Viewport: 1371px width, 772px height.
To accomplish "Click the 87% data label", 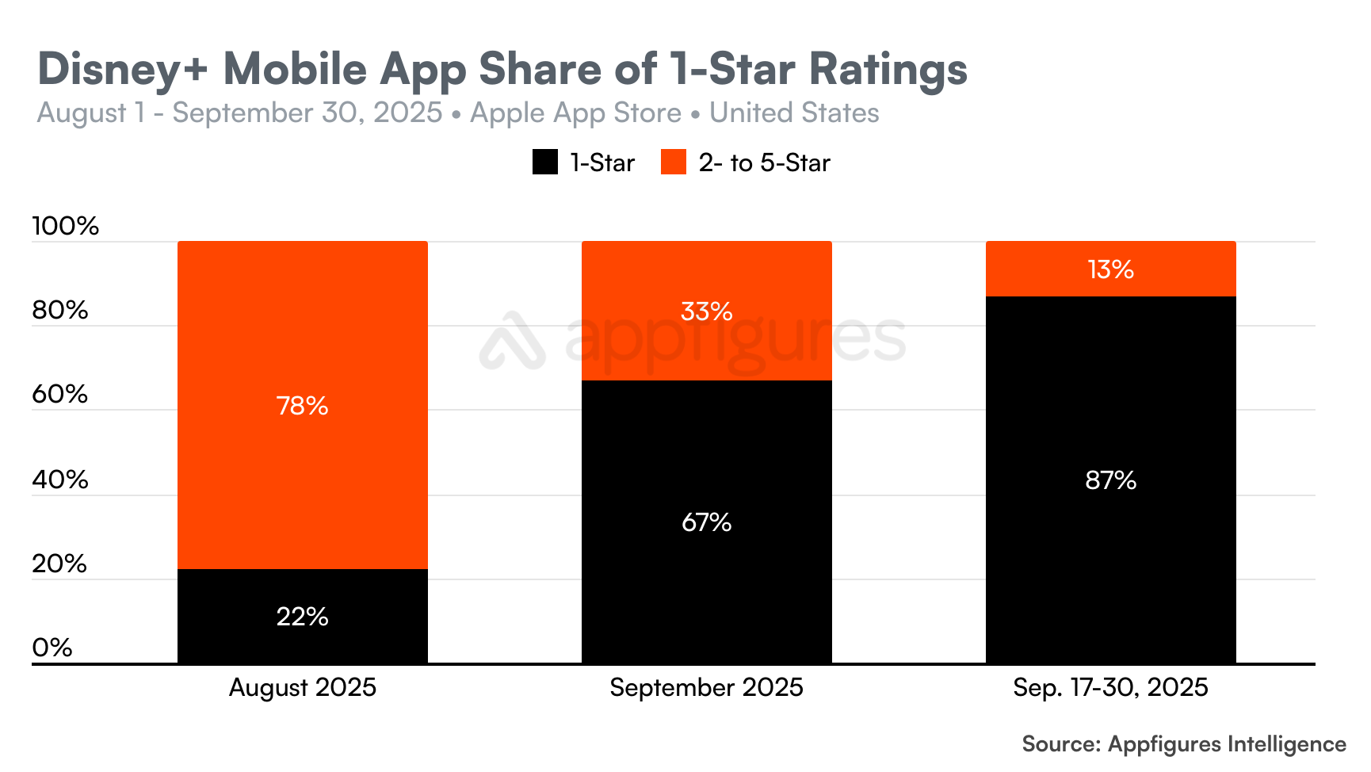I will (x=1110, y=480).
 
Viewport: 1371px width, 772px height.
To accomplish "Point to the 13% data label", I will (x=1110, y=269).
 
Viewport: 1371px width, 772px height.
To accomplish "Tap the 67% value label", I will (x=706, y=522).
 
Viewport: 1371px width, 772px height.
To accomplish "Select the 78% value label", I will (x=302, y=406).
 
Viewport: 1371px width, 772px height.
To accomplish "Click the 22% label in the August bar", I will (x=302, y=617).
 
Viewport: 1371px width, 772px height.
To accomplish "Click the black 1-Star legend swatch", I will (x=545, y=162).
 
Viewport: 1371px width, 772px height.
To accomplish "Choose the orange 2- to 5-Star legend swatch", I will (x=674, y=162).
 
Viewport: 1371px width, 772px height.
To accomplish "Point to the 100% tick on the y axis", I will (x=65, y=226).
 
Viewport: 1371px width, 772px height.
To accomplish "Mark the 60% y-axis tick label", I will (x=59, y=394).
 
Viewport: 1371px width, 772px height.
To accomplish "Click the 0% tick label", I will (x=52, y=648).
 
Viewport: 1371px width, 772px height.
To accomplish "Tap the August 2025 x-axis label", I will (x=302, y=687).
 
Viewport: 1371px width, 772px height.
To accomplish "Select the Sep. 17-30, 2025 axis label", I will (x=1110, y=687).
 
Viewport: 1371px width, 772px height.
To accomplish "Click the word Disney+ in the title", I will (x=122, y=69).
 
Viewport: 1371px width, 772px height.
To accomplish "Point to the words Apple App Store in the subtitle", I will (x=575, y=113).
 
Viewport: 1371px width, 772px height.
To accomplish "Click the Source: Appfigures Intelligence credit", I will (x=1183, y=743).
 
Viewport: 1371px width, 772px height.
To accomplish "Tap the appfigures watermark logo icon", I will (x=513, y=341).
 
